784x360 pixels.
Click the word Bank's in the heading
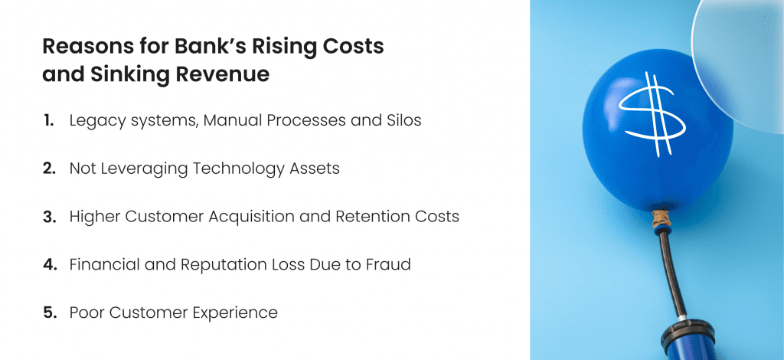coord(210,46)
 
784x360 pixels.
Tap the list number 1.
coord(48,120)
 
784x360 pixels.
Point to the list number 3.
coord(50,217)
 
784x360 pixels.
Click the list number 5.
coord(50,313)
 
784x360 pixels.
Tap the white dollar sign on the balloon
coord(652,114)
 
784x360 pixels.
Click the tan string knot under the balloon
coord(661,218)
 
